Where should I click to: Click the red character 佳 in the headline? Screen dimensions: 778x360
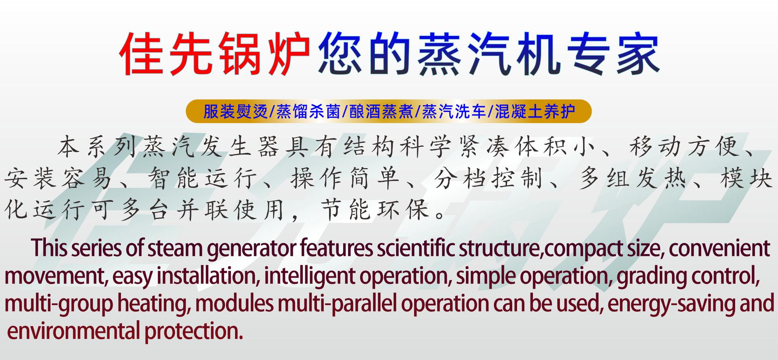click(x=142, y=54)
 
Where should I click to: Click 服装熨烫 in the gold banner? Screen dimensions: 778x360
click(x=235, y=111)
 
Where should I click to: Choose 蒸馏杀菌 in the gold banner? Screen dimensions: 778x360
click(x=308, y=111)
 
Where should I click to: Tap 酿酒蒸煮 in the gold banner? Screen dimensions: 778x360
click(x=381, y=111)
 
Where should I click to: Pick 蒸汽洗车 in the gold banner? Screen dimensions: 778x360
click(x=454, y=111)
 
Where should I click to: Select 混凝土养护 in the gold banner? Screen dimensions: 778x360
click(x=535, y=111)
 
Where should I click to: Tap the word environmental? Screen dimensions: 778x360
click(x=73, y=331)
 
